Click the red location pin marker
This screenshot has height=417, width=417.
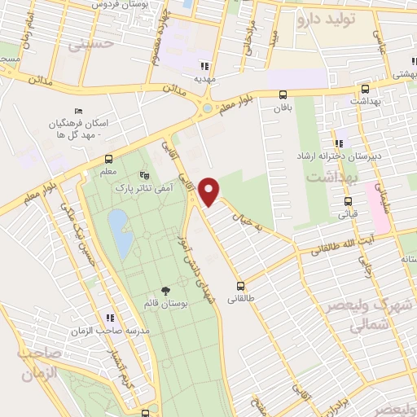click(211, 191)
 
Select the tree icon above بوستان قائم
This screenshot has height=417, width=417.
click(166, 290)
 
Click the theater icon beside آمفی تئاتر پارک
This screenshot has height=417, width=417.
click(145, 174)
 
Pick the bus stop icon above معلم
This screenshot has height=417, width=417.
click(109, 160)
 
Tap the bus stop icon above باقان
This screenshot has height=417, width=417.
click(283, 94)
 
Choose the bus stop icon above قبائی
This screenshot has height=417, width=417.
click(348, 201)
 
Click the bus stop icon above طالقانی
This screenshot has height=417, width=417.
click(241, 286)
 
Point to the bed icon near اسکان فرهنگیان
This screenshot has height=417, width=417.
click(78, 111)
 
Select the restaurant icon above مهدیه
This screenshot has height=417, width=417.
click(206, 66)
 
